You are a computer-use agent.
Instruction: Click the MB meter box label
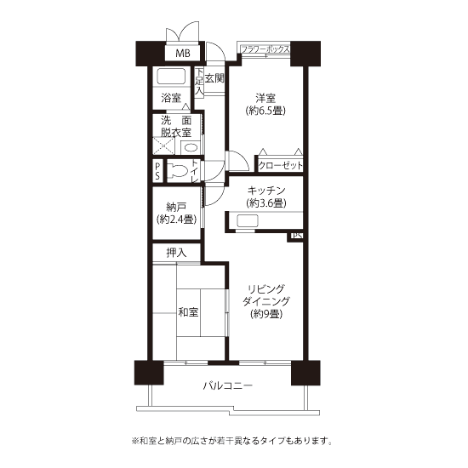click(183, 54)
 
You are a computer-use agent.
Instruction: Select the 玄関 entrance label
click(214, 78)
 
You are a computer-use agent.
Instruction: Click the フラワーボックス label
click(265, 49)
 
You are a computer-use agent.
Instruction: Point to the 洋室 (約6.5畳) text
click(265, 105)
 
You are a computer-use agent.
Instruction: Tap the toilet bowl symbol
click(178, 171)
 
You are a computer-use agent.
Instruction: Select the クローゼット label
click(280, 165)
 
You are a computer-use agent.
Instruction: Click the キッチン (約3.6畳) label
click(266, 197)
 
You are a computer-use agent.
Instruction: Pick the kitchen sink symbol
click(248, 221)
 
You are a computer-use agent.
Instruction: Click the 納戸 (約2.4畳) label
click(176, 213)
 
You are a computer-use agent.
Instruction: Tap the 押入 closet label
click(176, 253)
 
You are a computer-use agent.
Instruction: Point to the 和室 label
click(188, 312)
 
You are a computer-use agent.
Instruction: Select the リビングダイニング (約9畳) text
click(266, 301)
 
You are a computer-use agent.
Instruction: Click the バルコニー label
click(228, 385)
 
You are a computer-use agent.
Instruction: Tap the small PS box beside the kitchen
click(296, 237)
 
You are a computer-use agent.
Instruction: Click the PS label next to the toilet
click(157, 171)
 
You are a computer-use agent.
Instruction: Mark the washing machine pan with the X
click(163, 146)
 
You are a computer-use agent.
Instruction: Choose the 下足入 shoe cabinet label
click(199, 83)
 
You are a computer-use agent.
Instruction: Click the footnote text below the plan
click(232, 441)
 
